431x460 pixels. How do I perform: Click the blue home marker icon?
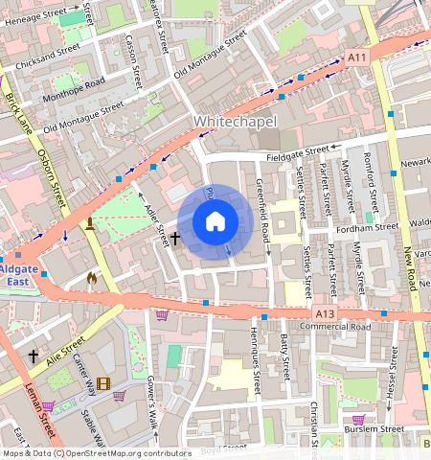click(215, 222)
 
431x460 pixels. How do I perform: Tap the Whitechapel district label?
click(235, 123)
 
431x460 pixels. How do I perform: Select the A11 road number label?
click(357, 58)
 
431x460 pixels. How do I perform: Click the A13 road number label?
click(325, 312)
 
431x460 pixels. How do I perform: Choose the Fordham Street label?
click(364, 228)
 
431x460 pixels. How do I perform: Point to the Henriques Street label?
click(256, 370)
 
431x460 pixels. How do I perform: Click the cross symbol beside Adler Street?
click(175, 236)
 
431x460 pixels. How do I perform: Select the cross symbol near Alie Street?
click(34, 356)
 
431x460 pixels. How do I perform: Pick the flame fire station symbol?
click(92, 278)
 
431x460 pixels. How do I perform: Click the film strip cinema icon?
click(102, 384)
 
